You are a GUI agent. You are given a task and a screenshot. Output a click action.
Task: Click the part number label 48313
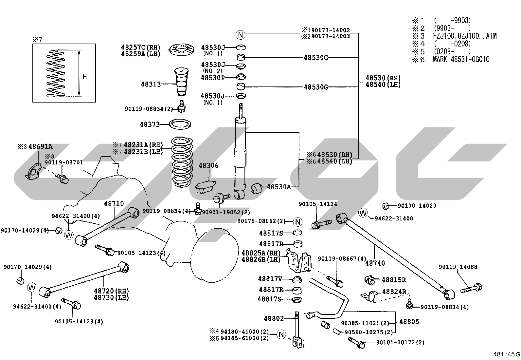tap(151, 84)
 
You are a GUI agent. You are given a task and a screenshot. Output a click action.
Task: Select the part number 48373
tap(150, 124)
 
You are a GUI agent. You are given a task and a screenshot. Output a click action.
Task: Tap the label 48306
tap(209, 165)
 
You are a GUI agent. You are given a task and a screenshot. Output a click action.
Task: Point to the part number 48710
tap(114, 203)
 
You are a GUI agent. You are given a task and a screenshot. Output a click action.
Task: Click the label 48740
tap(375, 263)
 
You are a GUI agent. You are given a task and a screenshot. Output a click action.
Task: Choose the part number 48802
tap(274, 318)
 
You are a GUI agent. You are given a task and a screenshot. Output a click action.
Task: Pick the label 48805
tap(409, 322)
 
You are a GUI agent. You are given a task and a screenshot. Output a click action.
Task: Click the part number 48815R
tap(394, 280)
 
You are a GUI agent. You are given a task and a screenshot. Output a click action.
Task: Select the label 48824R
tap(394, 292)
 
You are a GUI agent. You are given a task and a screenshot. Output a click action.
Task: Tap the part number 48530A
tap(278, 187)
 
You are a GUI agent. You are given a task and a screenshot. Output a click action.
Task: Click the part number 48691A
tap(41, 147)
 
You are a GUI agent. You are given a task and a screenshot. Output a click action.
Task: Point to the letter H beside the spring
tap(85, 77)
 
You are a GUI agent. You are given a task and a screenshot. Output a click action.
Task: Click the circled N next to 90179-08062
tap(298, 221)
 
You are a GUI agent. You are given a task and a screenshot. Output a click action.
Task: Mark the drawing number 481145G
tap(507, 354)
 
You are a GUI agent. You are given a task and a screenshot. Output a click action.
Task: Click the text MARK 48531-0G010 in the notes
tap(461, 59)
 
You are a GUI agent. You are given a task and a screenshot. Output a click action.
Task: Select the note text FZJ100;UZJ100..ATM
tap(465, 36)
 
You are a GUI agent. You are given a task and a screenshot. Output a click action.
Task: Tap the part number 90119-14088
tap(458, 267)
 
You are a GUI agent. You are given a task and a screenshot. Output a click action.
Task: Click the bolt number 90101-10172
tap(395, 342)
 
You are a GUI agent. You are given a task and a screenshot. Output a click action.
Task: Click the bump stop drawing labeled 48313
tap(181, 82)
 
